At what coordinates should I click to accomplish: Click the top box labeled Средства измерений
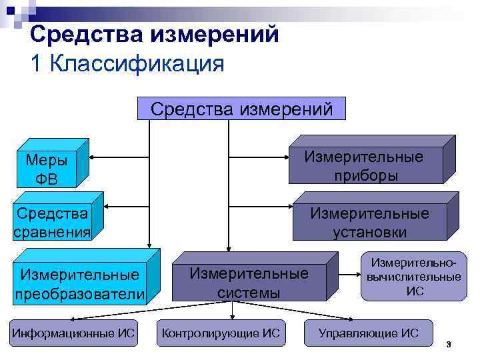(241, 109)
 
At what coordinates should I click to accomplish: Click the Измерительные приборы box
(364, 166)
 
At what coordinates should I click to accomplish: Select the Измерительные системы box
(249, 283)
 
